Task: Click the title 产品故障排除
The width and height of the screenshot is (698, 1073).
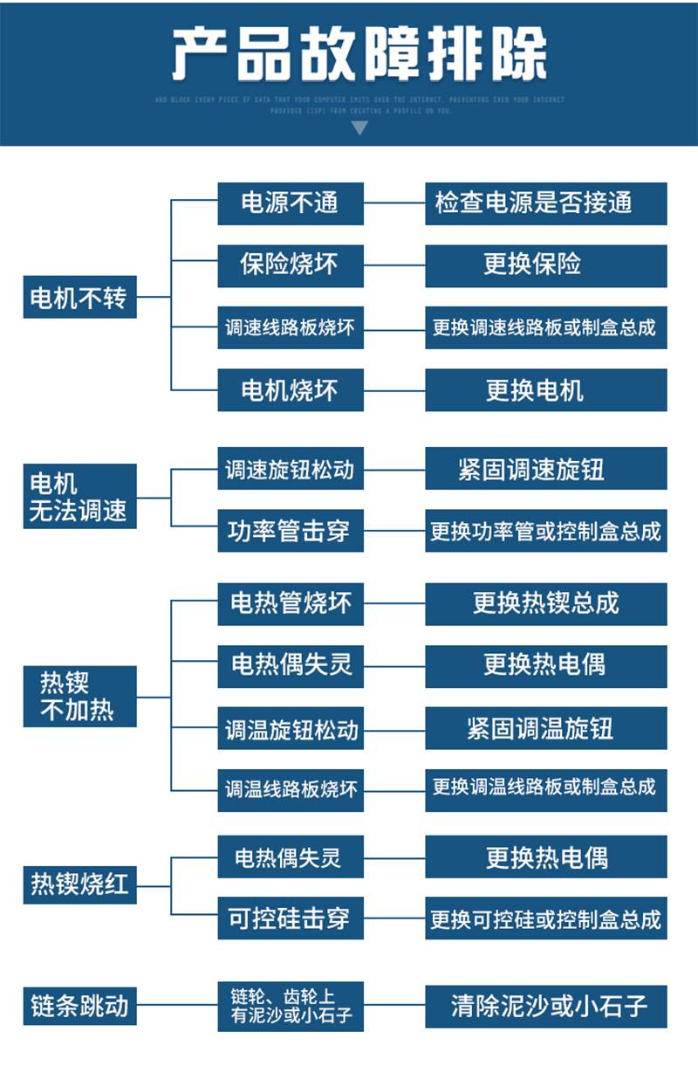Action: click(x=359, y=54)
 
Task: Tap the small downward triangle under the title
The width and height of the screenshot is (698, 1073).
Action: click(x=359, y=128)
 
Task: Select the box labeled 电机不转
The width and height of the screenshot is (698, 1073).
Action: click(x=79, y=298)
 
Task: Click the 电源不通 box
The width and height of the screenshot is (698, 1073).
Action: click(x=290, y=203)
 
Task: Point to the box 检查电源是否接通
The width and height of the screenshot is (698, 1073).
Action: click(x=545, y=203)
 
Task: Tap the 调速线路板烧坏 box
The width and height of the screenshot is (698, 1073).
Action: click(x=290, y=328)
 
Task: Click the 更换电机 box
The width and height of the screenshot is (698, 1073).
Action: click(x=545, y=390)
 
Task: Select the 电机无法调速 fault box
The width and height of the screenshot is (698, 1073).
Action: click(x=79, y=497)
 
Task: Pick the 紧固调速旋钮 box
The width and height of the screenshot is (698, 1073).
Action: click(x=545, y=469)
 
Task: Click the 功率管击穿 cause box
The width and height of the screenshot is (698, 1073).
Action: click(x=290, y=531)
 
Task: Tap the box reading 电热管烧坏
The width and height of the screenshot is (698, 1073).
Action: click(x=290, y=603)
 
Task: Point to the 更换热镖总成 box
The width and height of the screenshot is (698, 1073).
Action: click(x=545, y=603)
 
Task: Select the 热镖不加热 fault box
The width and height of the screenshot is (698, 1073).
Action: click(x=79, y=696)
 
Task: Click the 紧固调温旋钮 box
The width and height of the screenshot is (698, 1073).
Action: click(x=545, y=728)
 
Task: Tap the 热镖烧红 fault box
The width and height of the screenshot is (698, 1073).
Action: click(x=79, y=884)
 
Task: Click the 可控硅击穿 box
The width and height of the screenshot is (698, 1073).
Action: click(x=290, y=918)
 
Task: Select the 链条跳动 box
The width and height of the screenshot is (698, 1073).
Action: click(x=79, y=1006)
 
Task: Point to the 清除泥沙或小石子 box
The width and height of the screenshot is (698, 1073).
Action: click(x=545, y=1006)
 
